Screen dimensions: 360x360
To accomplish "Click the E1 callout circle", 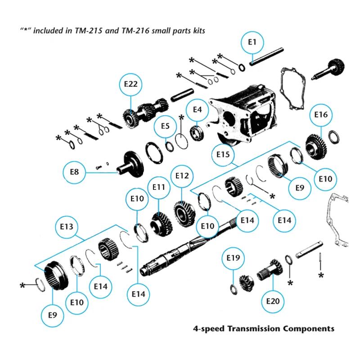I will pos(252,43).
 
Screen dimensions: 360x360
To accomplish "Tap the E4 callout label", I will pos(198,109).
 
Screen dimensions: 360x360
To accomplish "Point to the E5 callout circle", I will pos(165,127).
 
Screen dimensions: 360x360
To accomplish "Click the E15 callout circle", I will pos(223,155).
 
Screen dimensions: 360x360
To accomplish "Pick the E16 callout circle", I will pos(321,115).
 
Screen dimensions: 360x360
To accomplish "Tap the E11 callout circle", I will pos(159,187).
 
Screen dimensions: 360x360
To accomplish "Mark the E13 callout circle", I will pos(66,227).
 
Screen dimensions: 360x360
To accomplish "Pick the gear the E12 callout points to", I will pos(183,211).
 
